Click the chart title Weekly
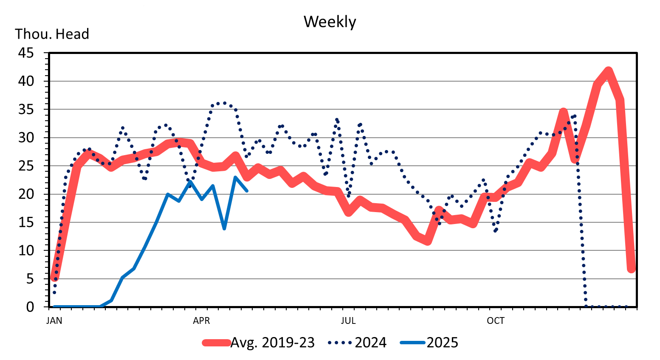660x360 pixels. (330, 22)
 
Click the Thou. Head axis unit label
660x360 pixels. (52, 34)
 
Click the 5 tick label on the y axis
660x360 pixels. (30, 279)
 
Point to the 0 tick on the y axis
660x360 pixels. (30, 307)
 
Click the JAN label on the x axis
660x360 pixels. (54, 321)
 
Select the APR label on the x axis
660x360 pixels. (201, 321)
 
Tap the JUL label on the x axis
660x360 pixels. (348, 321)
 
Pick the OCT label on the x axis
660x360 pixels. (496, 321)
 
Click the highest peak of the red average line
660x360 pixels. (608, 71)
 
